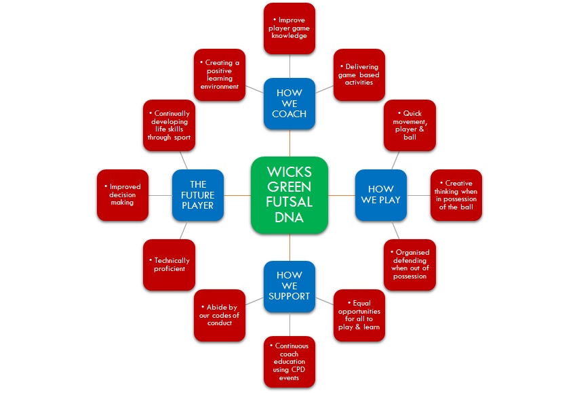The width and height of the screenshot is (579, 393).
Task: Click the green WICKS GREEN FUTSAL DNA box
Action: [289, 195]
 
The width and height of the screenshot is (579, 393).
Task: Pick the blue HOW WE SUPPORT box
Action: [289, 287]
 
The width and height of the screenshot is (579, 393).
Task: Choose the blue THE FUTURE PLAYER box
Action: [197, 194]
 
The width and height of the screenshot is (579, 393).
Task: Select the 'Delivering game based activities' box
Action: [359, 74]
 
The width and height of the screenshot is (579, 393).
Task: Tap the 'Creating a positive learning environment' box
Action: [220, 74]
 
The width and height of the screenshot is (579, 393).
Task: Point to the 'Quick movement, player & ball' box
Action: [410, 125]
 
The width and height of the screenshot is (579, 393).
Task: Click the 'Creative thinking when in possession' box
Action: [456, 195]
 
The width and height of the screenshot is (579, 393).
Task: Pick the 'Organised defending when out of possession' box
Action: [410, 264]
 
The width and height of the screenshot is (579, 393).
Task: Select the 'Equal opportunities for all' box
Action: [359, 315]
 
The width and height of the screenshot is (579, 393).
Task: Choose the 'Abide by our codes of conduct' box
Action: [220, 315]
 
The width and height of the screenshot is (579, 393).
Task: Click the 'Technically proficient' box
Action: [169, 264]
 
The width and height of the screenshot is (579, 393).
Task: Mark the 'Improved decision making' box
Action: [123, 195]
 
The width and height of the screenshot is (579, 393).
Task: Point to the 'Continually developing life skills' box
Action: [169, 125]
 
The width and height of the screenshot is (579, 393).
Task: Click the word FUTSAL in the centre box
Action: [289, 203]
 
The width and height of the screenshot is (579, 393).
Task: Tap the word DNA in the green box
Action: [289, 218]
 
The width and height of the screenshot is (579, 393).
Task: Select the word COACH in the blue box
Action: [289, 114]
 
